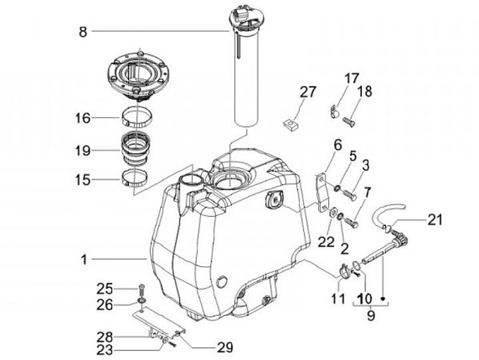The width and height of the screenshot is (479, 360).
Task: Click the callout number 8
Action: pyautogui.click(x=83, y=32)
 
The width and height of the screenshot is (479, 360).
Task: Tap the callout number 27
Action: pyautogui.click(x=307, y=92)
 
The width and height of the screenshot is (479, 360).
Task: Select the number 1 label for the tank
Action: pyautogui.click(x=84, y=260)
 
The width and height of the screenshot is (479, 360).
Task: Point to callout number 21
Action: pyautogui.click(x=434, y=220)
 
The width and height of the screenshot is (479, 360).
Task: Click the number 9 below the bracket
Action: pyautogui.click(x=371, y=315)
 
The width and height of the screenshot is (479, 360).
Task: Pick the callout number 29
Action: pyautogui.click(x=225, y=347)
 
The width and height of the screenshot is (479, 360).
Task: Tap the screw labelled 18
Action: pyautogui.click(x=349, y=122)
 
